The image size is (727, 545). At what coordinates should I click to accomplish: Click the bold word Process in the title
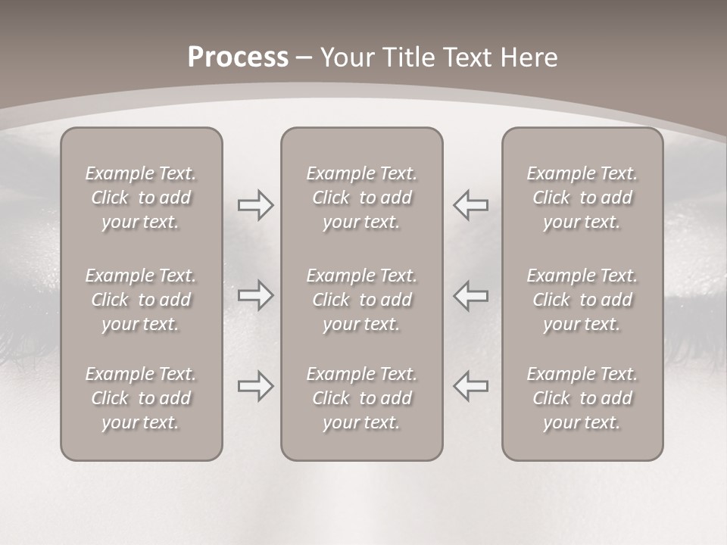238,58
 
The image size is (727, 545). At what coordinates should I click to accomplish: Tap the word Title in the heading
410,58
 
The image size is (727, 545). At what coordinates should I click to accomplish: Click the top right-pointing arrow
256,204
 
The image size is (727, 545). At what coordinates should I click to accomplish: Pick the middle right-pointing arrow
256,295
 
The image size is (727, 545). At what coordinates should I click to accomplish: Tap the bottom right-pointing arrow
256,386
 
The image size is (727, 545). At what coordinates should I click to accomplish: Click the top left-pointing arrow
471,204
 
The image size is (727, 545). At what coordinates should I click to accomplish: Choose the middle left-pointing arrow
471,295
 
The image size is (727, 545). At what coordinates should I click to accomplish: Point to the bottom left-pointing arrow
471,386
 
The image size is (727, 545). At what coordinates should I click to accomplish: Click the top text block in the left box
141,198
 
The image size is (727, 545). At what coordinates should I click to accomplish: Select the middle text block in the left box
141,300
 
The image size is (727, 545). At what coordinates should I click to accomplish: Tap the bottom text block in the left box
141,398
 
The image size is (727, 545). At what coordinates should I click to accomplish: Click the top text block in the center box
362,198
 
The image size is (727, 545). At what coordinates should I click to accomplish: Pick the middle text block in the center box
362,300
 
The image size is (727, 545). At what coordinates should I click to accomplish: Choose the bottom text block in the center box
362,398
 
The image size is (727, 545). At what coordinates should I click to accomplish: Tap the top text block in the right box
582,198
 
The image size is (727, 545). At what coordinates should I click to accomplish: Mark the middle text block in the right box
582,300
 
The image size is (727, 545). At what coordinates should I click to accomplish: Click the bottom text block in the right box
582,398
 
